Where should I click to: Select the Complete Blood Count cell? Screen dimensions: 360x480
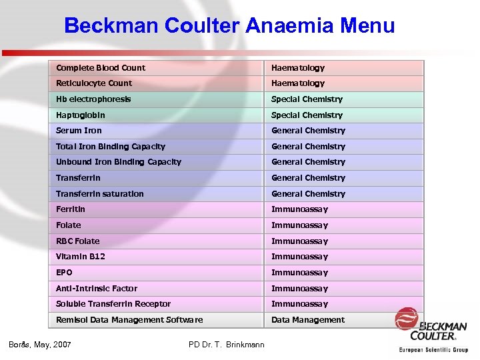coord(101,68)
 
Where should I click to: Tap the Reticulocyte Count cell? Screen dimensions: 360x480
coord(94,83)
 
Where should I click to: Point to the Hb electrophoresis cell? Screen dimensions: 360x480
coord(93,99)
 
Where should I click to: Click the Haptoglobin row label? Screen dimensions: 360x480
coord(81,115)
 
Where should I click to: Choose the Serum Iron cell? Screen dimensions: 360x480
coord(79,131)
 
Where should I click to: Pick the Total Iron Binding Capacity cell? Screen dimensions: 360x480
coord(111,147)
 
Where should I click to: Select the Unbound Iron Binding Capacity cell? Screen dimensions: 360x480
coord(119,162)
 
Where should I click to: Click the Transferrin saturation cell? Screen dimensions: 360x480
coord(100,194)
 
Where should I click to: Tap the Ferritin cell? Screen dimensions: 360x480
coord(71,209)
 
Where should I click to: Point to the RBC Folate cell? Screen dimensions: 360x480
coord(78,241)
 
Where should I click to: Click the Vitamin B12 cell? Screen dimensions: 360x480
coord(81,257)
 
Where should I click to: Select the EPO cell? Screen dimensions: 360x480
coord(65,273)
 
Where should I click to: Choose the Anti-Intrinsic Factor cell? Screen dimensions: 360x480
coord(97,289)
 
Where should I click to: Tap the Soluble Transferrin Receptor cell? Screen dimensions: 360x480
coord(113,304)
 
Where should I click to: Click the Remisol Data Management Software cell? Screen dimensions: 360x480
coord(129,320)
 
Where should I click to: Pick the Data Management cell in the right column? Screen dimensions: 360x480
coord(308,320)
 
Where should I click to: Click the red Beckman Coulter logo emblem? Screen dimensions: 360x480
coord(407,318)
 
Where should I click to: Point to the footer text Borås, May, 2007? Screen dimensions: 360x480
coord(40,345)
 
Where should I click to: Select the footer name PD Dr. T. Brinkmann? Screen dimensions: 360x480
coord(227,345)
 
